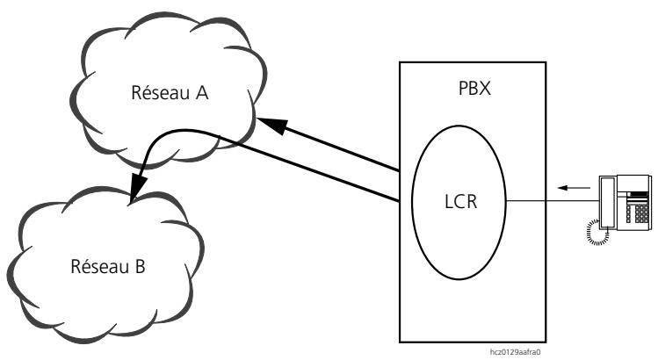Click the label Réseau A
tap(170, 92)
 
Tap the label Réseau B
tap(108, 266)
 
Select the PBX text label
tap(474, 89)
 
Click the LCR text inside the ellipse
tap(460, 202)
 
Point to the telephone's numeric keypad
tap(641, 213)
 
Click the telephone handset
tap(607, 202)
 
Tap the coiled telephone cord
tap(597, 232)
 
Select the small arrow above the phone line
tap(574, 188)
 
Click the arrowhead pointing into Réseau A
tap(271, 125)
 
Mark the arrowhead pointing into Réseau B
tap(138, 188)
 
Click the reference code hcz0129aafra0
tap(515, 351)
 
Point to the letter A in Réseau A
tap(202, 92)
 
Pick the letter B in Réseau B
tap(140, 266)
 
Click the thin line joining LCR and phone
tap(553, 201)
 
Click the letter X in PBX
tap(485, 89)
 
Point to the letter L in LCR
tap(449, 202)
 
